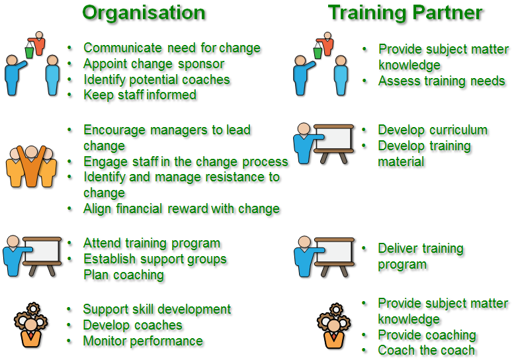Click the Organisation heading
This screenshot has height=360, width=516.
tap(144, 13)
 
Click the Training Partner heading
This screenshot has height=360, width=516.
tap(405, 13)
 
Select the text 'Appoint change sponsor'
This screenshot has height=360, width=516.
tap(154, 64)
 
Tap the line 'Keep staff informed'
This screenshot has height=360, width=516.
tap(140, 95)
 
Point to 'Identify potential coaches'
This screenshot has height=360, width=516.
tap(157, 79)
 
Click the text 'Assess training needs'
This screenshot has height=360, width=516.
tap(442, 81)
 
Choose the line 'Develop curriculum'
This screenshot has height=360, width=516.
tap(433, 130)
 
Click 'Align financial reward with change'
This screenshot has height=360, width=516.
tap(181, 209)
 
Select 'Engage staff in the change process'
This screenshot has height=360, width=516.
tap(186, 162)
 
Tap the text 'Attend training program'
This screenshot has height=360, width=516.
tap(151, 244)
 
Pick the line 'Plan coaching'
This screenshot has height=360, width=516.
tap(124, 275)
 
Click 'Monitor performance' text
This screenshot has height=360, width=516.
tap(143, 341)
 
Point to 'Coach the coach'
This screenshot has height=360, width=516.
tap(427, 351)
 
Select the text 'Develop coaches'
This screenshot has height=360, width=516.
tap(132, 325)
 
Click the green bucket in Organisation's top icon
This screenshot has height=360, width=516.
tap(29, 52)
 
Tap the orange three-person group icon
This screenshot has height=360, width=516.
tap(31, 167)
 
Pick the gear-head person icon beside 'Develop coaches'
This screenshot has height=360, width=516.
tap(31, 325)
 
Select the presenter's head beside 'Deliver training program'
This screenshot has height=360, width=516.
tap(304, 242)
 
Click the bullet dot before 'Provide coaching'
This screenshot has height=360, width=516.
tap(364, 335)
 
